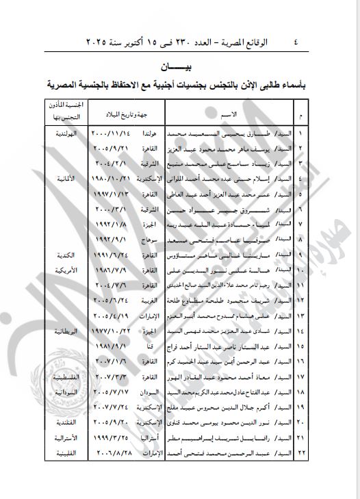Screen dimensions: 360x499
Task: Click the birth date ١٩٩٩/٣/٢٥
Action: pos(111,437)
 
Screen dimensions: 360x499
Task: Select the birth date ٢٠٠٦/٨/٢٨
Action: pos(111,453)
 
